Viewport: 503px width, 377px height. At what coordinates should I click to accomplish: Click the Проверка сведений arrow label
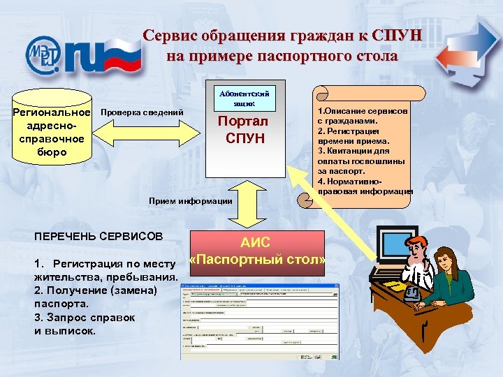143,113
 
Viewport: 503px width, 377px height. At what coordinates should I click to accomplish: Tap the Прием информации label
190,201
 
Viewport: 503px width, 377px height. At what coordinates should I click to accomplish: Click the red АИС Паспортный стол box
258,251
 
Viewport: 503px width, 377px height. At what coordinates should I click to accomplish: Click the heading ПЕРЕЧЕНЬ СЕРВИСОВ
98,236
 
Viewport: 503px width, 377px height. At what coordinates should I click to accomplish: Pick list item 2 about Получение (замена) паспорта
95,296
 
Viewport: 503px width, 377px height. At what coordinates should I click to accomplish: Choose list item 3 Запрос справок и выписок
84,323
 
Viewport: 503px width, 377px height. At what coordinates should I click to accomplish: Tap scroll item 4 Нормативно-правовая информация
363,186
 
